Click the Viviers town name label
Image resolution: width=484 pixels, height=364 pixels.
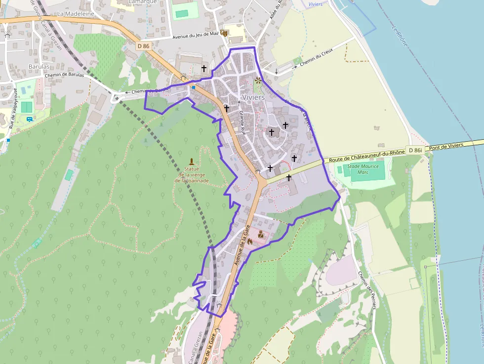(x=253, y=97)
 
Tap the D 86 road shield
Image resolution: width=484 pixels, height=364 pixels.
(x=143, y=46)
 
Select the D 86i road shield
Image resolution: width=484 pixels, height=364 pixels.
(x=415, y=150)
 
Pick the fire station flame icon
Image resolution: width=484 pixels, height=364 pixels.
(x=249, y=242)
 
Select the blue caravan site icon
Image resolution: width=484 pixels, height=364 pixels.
(x=30, y=119)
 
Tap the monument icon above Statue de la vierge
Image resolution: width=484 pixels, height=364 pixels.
(x=192, y=162)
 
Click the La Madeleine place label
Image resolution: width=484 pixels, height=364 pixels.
(x=76, y=14)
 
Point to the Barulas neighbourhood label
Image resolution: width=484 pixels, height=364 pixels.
(x=39, y=66)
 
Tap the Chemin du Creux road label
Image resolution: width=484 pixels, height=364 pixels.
(x=317, y=57)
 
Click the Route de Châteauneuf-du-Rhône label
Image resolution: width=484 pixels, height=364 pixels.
(x=366, y=156)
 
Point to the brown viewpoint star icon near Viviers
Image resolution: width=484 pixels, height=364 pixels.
(x=257, y=80)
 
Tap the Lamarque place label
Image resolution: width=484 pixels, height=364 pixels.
(x=142, y=2)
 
